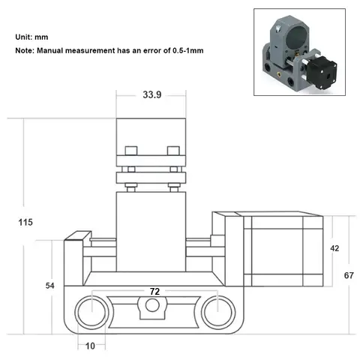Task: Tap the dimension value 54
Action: [x=51, y=286]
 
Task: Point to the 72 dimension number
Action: [x=154, y=290]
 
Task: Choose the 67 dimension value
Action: [x=349, y=275]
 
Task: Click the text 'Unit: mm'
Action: [x=32, y=37]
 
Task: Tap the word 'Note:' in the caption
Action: [x=27, y=51]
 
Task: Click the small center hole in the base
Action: [x=154, y=305]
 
